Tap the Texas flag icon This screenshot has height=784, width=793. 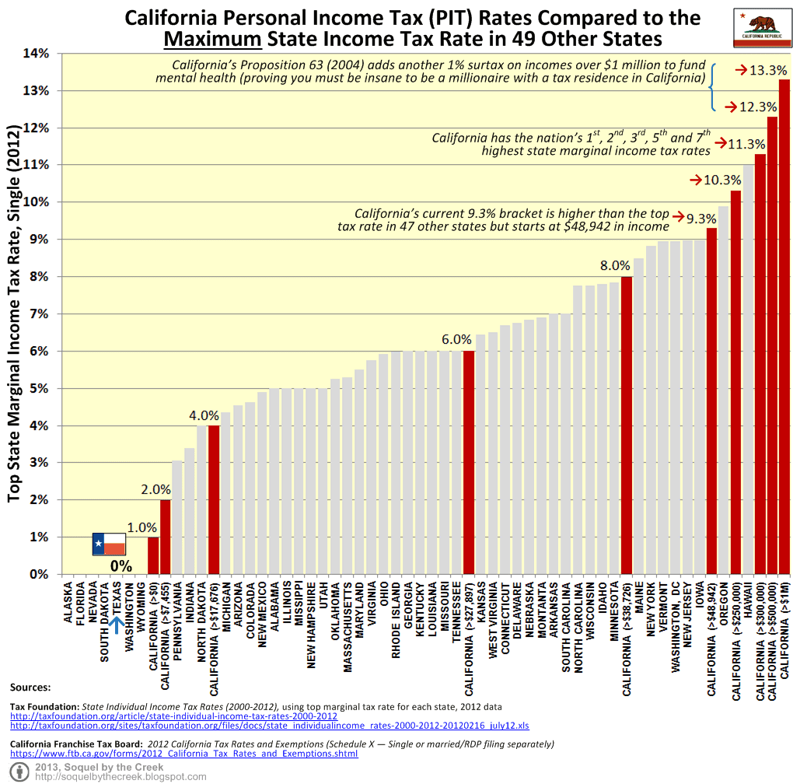point(108,544)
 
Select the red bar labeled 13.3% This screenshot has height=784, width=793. point(784,327)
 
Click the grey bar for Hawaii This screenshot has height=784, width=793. point(748,369)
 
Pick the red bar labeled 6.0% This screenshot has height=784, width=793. point(469,463)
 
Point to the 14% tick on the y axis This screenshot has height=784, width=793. point(36,54)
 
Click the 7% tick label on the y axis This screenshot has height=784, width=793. point(38,314)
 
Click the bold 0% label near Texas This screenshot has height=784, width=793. point(121,565)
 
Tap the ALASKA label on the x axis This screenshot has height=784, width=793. point(68,604)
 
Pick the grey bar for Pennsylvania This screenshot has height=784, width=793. point(176,517)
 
